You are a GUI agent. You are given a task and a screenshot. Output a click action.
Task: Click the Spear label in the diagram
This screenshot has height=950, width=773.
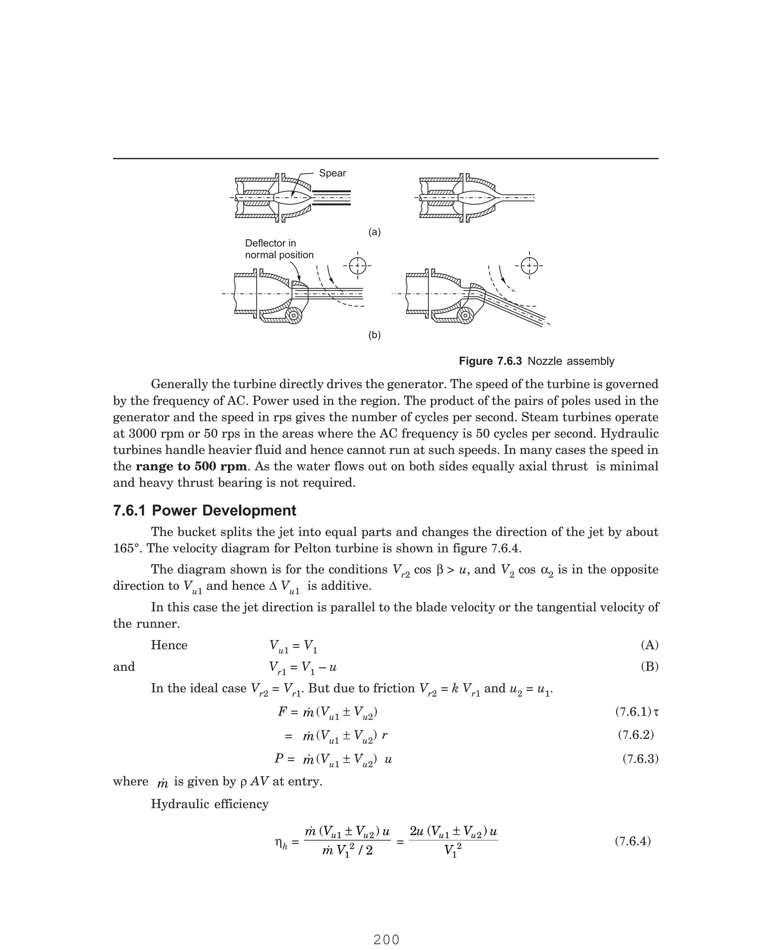point(332,173)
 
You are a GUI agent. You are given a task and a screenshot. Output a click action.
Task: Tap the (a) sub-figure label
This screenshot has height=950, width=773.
point(374,232)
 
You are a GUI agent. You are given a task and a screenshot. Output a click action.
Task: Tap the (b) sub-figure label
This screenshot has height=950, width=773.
point(374,335)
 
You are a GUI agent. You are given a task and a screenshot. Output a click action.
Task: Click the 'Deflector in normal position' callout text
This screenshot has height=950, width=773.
point(279,249)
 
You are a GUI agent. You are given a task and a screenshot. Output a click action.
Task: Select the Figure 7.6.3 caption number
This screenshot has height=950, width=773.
point(490,361)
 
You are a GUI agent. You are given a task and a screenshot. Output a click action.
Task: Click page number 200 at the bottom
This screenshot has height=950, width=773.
point(386,939)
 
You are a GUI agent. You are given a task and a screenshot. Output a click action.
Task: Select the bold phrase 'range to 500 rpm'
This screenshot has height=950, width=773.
point(191,466)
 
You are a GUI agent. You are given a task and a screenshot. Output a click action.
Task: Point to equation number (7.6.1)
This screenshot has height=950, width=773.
point(633,712)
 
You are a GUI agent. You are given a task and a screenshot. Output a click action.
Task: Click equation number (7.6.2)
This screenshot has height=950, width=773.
point(635,735)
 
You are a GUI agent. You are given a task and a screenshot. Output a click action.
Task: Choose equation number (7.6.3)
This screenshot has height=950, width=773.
point(640,759)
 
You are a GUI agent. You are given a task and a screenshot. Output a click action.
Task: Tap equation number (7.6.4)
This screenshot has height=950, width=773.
point(632,841)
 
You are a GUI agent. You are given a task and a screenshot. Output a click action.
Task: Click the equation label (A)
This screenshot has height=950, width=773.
point(649,645)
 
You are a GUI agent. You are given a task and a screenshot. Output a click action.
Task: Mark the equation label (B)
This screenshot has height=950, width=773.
point(649,666)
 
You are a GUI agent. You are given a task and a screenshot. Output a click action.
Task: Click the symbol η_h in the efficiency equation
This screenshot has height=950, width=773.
point(281,843)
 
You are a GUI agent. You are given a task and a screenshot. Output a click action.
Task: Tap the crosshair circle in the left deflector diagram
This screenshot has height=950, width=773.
point(357,266)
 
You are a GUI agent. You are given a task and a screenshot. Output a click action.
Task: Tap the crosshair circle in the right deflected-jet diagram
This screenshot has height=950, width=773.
point(529,266)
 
